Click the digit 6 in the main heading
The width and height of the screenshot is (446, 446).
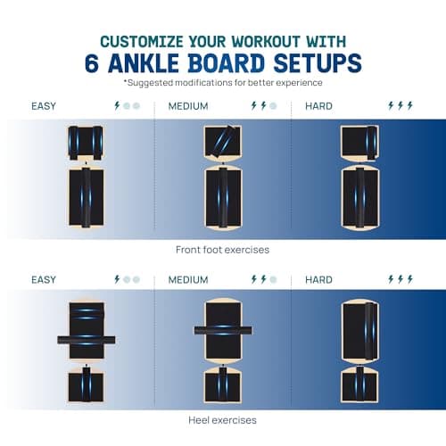[92, 63]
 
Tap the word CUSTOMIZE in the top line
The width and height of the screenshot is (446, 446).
[142, 42]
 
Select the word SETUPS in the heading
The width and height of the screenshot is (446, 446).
[318, 63]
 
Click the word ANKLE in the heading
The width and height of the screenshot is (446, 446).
[144, 63]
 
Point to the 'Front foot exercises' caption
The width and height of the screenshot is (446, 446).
[222, 250]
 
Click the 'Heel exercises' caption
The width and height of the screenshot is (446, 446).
[222, 420]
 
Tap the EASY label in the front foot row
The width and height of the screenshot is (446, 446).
[44, 106]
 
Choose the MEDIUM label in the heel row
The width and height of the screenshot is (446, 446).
[188, 280]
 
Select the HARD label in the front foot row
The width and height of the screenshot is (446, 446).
[318, 106]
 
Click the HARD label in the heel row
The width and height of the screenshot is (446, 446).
[318, 280]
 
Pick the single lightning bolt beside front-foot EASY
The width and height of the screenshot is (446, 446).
[117, 105]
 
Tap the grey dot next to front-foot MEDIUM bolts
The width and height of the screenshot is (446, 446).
[273, 106]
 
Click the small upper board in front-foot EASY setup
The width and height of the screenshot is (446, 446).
[86, 143]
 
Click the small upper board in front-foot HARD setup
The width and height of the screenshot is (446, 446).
[359, 143]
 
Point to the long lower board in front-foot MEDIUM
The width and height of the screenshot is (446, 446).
[223, 198]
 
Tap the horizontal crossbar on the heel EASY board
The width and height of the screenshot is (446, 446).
[87, 340]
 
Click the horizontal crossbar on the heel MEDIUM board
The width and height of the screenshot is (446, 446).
[223, 330]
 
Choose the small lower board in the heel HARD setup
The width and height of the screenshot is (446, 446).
[359, 384]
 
